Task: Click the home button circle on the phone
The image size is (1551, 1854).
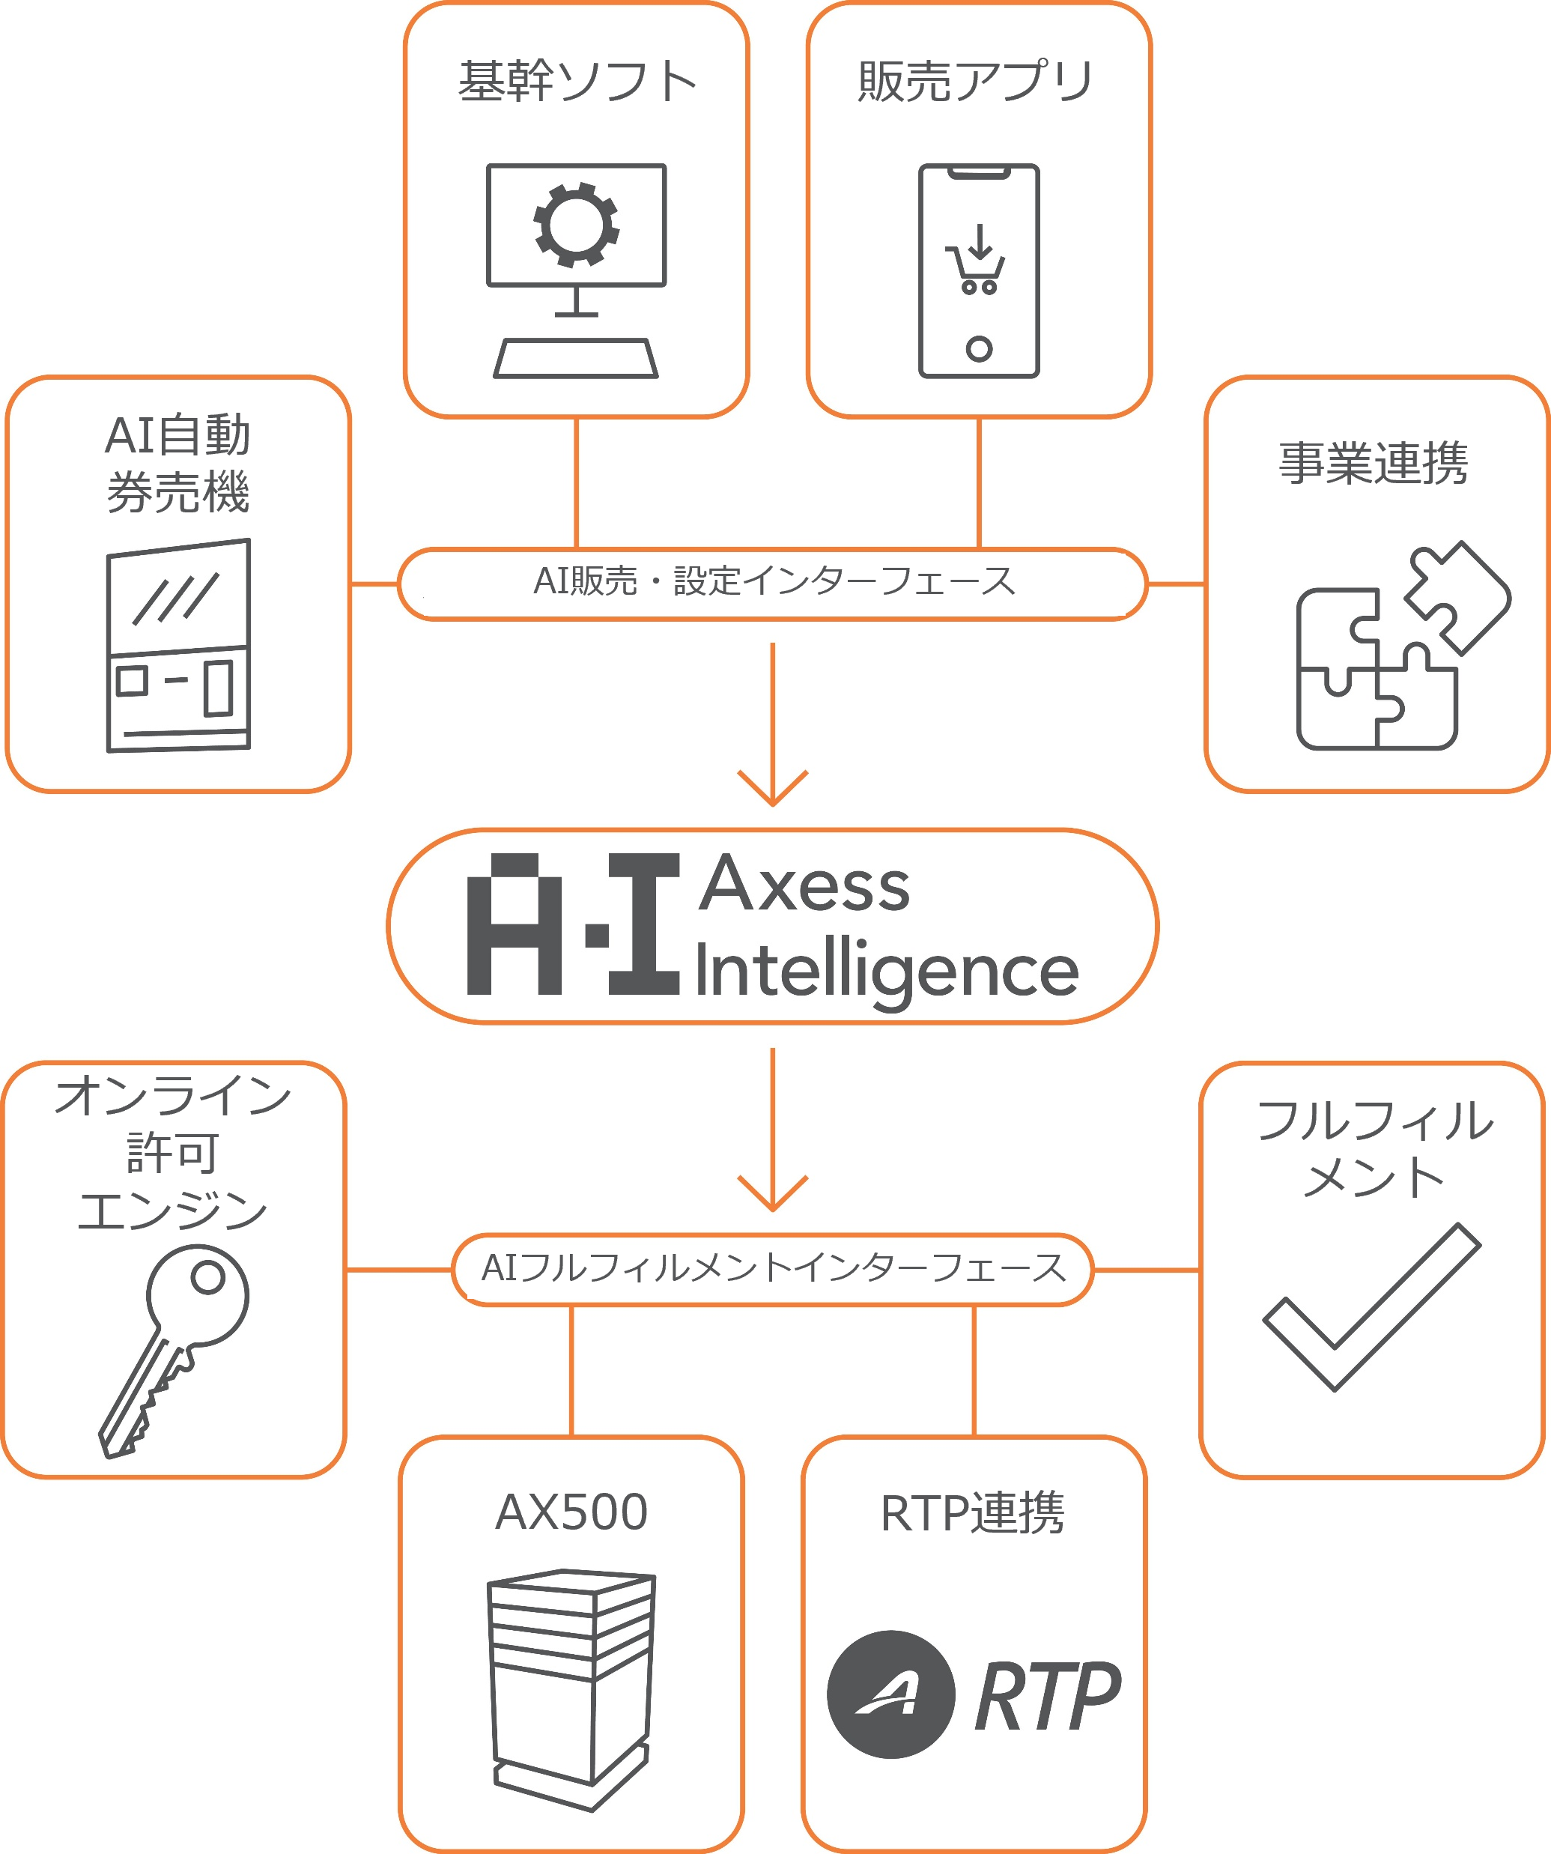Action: [979, 349]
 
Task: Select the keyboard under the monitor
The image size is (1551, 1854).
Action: [576, 358]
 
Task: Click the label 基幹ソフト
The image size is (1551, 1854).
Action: [577, 81]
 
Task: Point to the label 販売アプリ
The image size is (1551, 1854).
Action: [977, 81]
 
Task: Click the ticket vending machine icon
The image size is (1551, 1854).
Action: [178, 646]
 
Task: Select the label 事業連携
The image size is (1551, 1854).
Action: [1374, 463]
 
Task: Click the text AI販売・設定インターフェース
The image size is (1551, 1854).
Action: [774, 582]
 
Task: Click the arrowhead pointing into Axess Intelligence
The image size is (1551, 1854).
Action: [772, 788]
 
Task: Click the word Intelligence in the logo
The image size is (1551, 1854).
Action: [886, 971]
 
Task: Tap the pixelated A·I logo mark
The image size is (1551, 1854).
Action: [573, 924]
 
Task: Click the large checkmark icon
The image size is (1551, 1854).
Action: [1371, 1306]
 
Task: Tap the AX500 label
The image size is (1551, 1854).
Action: [571, 1512]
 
